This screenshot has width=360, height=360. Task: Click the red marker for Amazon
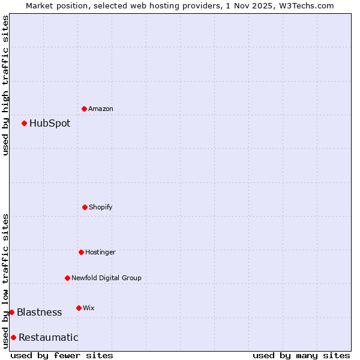coord(84,109)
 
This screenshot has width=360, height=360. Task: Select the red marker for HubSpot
coord(24,123)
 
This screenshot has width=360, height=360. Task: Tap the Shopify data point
coord(85,207)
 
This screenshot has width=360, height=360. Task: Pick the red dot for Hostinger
coord(81,252)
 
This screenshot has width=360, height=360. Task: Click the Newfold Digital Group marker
coord(67,278)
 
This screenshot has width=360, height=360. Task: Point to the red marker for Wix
coord(79,308)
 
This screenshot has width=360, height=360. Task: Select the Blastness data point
coord(11,312)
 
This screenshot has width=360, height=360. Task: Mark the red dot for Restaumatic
coord(13,337)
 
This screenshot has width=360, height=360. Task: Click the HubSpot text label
coord(50,124)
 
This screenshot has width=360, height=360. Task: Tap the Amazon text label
coord(101,109)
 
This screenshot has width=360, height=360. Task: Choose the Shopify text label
coord(101,208)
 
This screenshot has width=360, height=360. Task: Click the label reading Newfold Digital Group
coord(106,278)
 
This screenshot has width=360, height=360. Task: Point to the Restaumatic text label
coord(48,338)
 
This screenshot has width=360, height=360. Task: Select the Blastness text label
coord(39,313)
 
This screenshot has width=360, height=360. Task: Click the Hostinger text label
coord(100,253)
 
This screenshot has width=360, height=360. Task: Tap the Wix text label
coord(89,308)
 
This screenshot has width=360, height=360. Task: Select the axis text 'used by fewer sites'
coord(62,355)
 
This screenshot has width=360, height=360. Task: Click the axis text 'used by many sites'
coord(301,355)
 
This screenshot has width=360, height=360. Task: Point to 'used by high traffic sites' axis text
coord(6,85)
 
